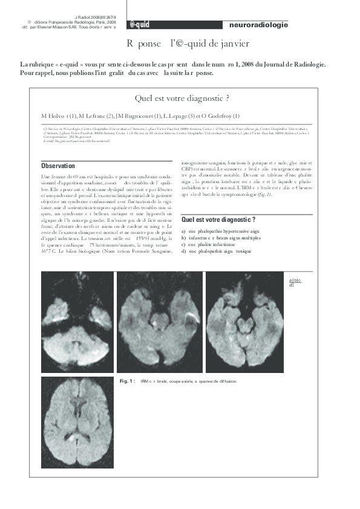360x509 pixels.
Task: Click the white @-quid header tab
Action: point(140,25)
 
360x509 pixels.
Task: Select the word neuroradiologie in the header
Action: point(259,25)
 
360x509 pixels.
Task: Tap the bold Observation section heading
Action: point(58,166)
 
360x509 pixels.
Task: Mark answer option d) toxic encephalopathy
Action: point(212,252)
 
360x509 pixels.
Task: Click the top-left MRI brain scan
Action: point(77,322)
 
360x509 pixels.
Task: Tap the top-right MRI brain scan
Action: point(245,322)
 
